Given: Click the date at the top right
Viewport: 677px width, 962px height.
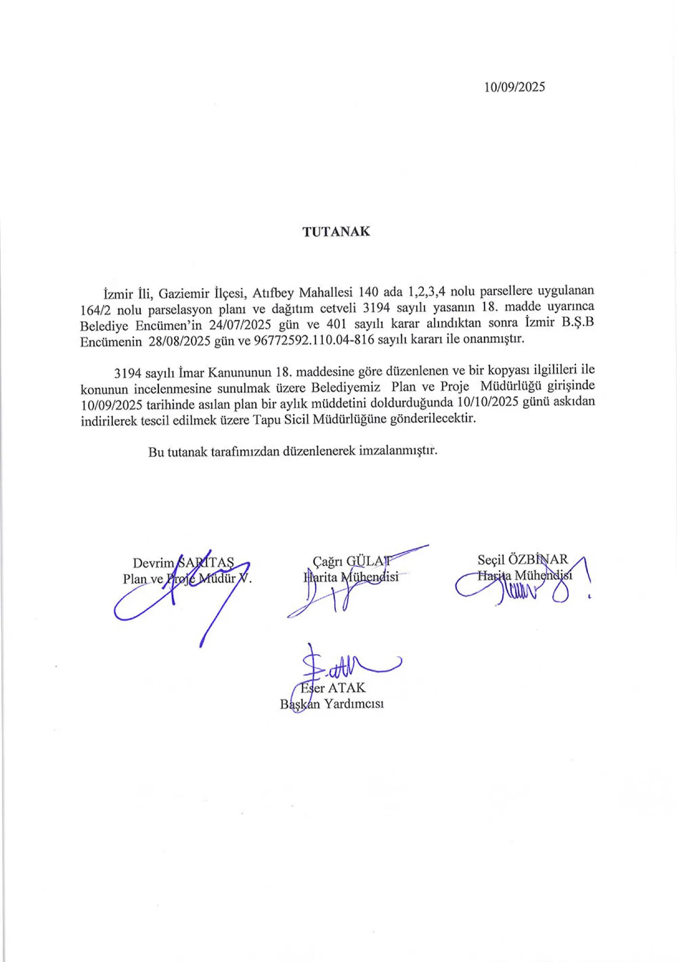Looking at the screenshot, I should pos(514,87).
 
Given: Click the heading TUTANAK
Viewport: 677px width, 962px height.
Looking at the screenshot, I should pos(336,232).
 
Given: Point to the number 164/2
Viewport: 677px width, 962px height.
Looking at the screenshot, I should pos(95,309).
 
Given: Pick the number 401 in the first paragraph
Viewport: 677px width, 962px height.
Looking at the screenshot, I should pos(336,324).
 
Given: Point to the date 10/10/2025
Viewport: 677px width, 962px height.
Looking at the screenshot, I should pos(488,402).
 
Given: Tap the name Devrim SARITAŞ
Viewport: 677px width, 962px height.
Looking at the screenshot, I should pos(183,563).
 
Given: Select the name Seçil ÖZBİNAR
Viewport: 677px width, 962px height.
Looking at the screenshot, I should pos(522,559).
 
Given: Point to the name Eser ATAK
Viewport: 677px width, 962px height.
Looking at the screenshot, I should pos(332,687).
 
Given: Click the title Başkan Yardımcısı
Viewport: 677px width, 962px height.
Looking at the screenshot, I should pos(332,704).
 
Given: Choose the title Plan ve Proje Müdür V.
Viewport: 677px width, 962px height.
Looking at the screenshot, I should pos(187,579).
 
